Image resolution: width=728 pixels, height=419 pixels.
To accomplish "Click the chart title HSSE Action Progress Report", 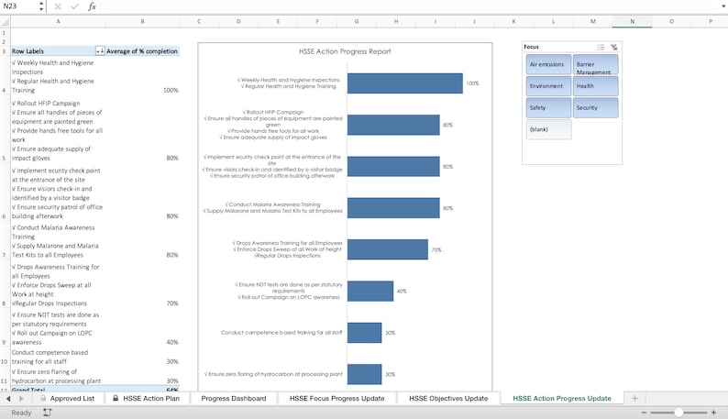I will (345, 52).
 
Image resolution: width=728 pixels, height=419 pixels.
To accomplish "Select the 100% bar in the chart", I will (404, 83).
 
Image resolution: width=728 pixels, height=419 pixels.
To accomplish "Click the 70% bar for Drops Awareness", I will (387, 249).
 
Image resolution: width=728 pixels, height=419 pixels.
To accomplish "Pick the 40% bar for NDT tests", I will (370, 291).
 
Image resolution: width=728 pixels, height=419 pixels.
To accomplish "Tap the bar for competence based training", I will (364, 333).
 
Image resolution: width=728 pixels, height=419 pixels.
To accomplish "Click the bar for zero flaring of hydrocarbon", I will (364, 374).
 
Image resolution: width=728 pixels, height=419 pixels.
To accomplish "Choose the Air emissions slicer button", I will (547, 64).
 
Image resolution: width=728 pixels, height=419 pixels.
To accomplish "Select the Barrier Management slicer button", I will (595, 64).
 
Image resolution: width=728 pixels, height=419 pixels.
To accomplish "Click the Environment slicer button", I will (547, 86).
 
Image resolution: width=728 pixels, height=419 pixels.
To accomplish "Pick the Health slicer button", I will (595, 86).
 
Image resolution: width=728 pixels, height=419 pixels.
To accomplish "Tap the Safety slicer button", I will (547, 108).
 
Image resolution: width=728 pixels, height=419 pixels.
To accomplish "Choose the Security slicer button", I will (595, 108).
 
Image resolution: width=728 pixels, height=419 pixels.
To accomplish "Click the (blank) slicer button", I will (547, 130).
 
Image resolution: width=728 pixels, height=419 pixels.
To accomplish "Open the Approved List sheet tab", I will (72, 399).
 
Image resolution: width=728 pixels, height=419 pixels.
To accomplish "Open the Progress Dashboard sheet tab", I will (234, 399).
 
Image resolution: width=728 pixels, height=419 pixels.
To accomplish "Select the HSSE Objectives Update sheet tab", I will (448, 399).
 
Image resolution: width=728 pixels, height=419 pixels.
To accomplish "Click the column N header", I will (632, 21).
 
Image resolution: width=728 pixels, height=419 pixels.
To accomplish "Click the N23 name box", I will (20, 6).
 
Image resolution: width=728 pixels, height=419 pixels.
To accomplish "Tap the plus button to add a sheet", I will (634, 399).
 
